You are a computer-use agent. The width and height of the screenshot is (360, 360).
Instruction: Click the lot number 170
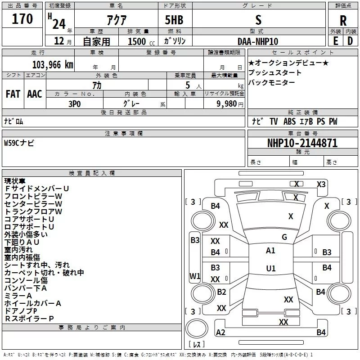click(22, 19)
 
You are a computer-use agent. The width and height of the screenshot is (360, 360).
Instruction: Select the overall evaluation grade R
click(343, 21)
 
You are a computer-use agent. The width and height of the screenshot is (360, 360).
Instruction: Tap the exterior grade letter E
click(335, 40)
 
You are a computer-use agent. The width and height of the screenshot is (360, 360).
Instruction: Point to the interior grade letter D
click(350, 40)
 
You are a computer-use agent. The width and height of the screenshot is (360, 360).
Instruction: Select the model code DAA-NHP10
click(258, 41)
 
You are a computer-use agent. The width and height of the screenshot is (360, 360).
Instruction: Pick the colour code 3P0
click(75, 103)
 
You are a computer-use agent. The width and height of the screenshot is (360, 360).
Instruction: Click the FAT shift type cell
click(13, 94)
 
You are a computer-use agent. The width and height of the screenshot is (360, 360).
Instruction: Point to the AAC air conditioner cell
click(35, 94)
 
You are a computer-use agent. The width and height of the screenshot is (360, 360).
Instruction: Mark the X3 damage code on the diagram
click(321, 184)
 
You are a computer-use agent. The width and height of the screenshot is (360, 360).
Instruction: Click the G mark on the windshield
click(284, 237)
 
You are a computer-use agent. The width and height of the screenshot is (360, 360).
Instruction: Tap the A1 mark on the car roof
click(270, 251)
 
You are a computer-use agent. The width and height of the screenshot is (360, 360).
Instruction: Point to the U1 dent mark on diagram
click(271, 268)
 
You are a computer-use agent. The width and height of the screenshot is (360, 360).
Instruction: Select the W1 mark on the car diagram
click(195, 276)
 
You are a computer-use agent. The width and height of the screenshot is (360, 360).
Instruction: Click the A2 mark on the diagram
click(220, 333)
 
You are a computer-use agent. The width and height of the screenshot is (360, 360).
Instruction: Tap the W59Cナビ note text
click(19, 143)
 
